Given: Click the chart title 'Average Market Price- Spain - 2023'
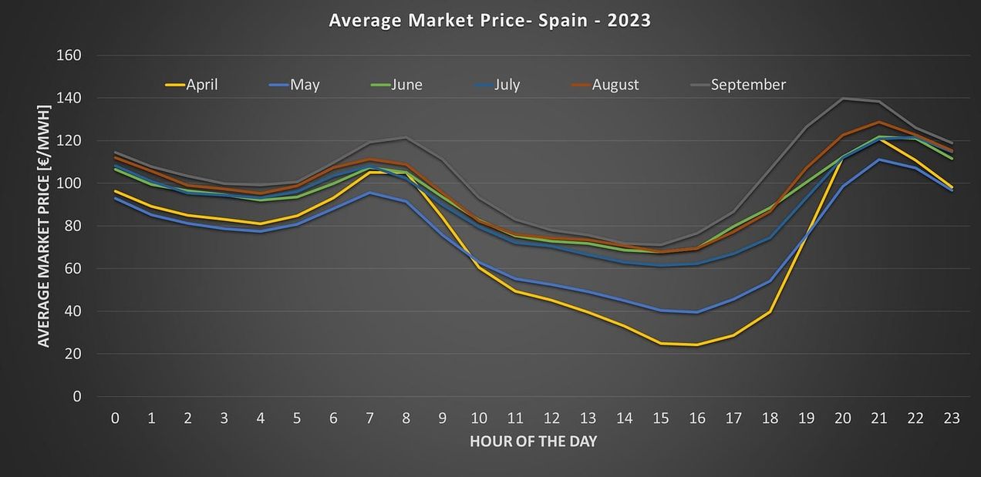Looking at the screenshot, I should coord(490,20).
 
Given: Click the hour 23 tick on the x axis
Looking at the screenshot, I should coord(952,418).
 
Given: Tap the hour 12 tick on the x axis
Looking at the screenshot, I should coord(551,418).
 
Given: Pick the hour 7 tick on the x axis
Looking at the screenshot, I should coord(369,418).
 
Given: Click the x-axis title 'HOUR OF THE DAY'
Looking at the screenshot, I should coord(533,442).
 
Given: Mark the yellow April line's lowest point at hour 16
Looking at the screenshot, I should coord(697,344).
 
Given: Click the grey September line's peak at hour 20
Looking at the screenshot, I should coord(842,99).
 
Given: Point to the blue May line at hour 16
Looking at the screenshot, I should coord(697,312).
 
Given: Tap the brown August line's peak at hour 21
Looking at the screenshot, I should coord(878,122).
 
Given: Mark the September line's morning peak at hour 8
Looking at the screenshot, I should coord(406,138).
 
